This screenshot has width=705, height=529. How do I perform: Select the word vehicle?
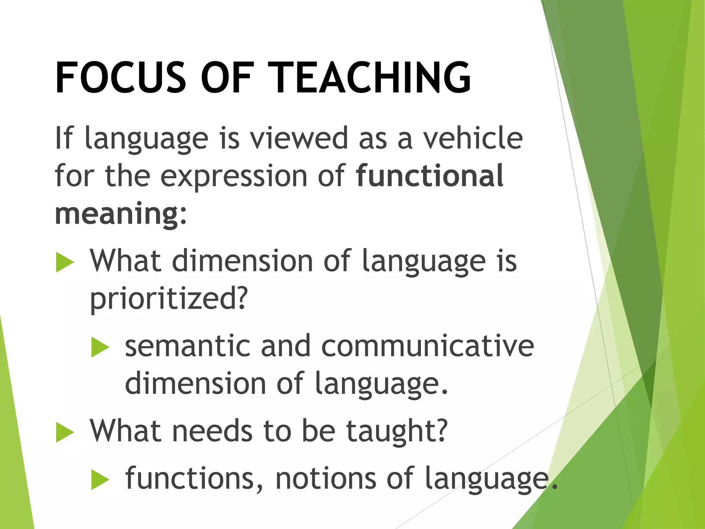(x=473, y=138)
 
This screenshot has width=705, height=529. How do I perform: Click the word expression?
(x=234, y=176)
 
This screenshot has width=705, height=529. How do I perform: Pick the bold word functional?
(x=430, y=176)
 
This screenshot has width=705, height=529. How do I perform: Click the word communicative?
(x=427, y=346)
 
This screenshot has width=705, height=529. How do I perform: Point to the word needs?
(x=212, y=431)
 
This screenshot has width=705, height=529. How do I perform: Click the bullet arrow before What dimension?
(x=65, y=262)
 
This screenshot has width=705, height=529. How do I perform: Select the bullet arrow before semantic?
(x=100, y=348)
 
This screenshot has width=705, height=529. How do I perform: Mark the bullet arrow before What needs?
(x=65, y=433)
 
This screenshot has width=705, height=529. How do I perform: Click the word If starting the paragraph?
(x=64, y=138)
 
